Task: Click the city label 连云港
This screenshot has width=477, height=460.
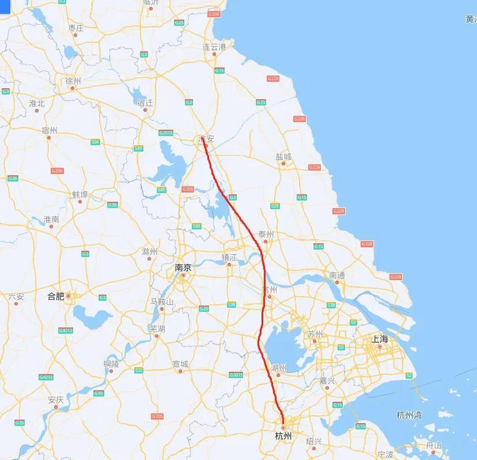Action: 214,47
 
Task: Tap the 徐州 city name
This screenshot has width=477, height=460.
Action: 73,81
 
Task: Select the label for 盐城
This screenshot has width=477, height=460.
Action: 283,157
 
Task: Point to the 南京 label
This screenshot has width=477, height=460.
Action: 183,268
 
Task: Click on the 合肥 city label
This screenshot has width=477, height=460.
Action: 56,296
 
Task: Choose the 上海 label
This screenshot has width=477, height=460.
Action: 379,339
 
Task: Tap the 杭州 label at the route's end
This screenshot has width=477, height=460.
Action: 283,436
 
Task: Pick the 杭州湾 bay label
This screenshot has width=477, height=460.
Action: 409,415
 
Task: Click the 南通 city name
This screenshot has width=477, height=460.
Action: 337,275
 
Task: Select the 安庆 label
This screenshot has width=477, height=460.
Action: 56,400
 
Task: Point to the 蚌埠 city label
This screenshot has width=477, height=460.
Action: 80,194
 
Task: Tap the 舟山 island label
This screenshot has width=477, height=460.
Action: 433,445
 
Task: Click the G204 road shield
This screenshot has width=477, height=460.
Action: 214,14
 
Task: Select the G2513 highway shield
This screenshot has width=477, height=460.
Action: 166,133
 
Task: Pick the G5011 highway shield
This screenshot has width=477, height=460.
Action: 236,375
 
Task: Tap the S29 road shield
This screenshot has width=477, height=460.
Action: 275,206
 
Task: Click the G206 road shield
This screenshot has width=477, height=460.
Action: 57,171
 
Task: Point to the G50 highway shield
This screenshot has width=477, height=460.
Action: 99,394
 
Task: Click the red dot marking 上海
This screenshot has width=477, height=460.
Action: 380,347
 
